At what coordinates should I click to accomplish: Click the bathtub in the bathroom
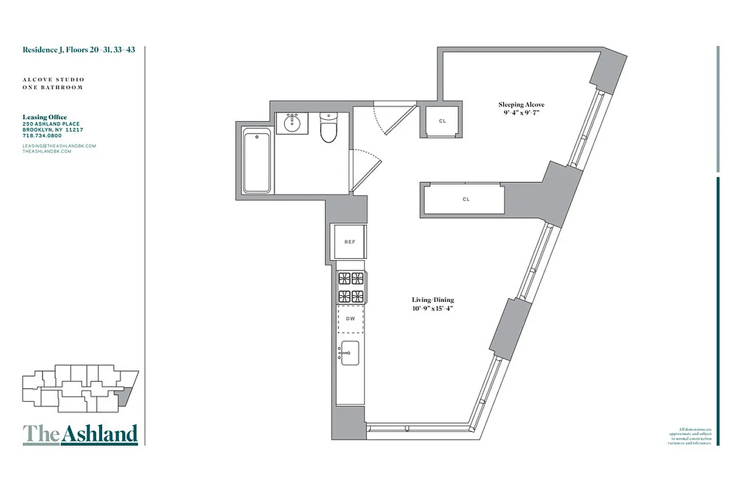(x=258, y=160)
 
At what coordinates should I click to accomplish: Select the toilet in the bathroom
(x=329, y=128)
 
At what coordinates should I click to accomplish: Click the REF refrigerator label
(x=349, y=242)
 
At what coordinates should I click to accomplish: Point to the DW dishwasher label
(x=350, y=318)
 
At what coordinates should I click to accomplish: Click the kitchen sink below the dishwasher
(x=350, y=353)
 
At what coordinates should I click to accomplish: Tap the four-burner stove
(x=351, y=287)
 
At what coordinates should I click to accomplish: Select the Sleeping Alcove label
(x=522, y=104)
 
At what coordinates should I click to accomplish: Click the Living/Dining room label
(x=433, y=300)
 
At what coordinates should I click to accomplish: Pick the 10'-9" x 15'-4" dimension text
(x=433, y=309)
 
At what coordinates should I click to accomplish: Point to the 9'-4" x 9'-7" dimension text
(x=522, y=113)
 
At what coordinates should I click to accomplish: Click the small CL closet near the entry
(x=442, y=121)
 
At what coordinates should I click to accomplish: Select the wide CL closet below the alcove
(x=465, y=199)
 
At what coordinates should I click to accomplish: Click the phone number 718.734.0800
(x=42, y=135)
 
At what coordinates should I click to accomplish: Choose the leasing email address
(x=60, y=146)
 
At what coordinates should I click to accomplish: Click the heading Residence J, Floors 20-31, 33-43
(x=79, y=50)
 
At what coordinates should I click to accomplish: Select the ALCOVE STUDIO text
(x=53, y=80)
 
